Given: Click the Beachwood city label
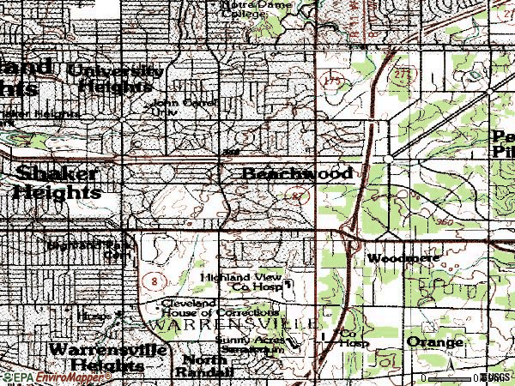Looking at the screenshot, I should tap(297, 174).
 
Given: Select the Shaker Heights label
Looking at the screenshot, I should tap(56, 182).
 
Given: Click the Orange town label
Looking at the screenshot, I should tap(434, 342).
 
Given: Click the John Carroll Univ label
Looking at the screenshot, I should tap(185, 106).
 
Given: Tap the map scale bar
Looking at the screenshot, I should tap(451, 377).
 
